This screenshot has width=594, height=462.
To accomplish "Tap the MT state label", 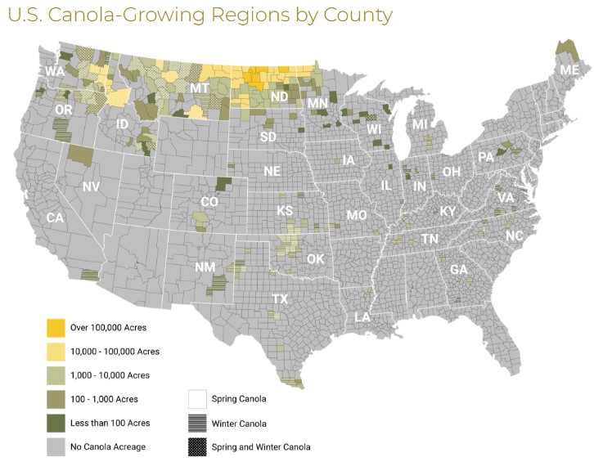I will pos(200,87).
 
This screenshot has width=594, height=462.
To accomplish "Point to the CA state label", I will pos(55,218).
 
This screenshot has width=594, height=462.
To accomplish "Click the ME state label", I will pos(569,72).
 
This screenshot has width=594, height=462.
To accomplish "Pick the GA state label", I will pos(459,270).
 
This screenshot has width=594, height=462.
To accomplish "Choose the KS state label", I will pos(286,211).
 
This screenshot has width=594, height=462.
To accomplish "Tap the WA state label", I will pos(55,72).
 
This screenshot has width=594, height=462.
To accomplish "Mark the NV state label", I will pos(91,187).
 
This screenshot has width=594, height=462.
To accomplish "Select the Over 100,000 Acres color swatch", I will pos(56,328).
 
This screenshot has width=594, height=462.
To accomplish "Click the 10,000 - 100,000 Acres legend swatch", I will pos(56,352).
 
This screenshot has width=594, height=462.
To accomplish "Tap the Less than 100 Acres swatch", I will pos(56,423).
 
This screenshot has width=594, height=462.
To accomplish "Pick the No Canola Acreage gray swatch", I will pos(56,446).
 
